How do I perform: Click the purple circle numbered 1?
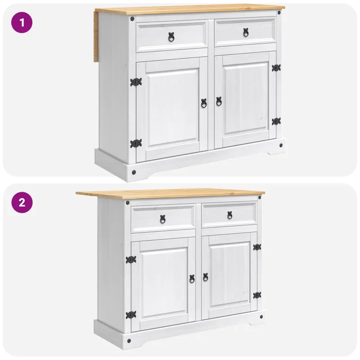click(22, 22)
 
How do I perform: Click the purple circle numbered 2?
click(22, 202)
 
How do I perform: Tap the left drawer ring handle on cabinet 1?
click(171, 37)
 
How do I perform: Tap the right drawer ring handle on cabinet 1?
click(246, 32)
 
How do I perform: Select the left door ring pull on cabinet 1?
click(204, 103)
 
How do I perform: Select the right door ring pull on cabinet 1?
click(219, 101)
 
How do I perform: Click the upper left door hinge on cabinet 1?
click(136, 82)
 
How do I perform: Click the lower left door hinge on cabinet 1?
click(136, 144)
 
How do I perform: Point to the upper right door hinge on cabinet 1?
click(276, 68)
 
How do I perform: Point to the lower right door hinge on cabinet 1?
click(276, 121)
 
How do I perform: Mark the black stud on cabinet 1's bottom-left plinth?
click(134, 172)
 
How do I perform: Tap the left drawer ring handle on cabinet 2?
click(162, 219)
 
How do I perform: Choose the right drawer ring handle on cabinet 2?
click(230, 216)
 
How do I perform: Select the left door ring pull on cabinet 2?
click(192, 279)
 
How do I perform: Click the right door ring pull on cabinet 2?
click(206, 277)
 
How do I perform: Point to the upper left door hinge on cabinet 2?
click(131, 260)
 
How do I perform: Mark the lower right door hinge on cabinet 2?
click(257, 296)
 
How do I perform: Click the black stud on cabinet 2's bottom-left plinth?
click(129, 341)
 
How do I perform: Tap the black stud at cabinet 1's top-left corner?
click(132, 19)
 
